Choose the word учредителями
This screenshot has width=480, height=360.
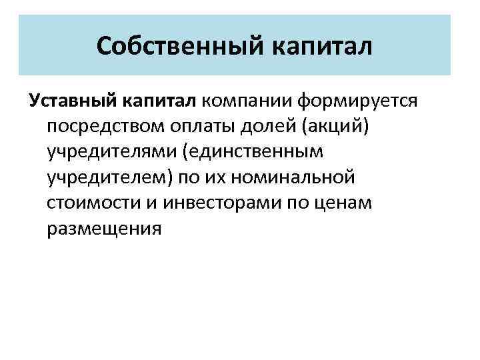(x=109, y=152)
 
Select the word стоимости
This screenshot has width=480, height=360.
(x=88, y=203)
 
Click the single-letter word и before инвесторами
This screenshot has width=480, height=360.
(x=140, y=203)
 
